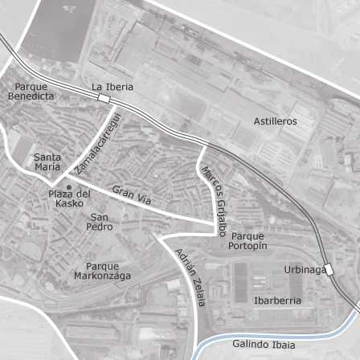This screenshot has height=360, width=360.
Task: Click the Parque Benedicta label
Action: [x=31, y=91]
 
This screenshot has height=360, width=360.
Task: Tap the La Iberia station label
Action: [x=112, y=86]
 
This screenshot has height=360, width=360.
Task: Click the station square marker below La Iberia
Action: [x=104, y=98]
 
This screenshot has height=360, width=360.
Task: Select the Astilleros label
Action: [x=276, y=121]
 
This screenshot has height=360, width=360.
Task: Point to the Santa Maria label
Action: [x=47, y=162]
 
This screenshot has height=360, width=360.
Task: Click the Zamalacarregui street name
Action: [x=96, y=145]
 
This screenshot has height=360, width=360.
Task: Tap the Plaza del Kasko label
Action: [x=69, y=199]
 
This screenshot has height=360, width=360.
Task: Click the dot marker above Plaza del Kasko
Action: [x=69, y=187]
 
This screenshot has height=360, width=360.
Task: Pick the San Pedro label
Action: [x=100, y=222]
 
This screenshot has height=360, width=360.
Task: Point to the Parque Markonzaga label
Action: [x=103, y=271]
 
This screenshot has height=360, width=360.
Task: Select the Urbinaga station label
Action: [x=305, y=269]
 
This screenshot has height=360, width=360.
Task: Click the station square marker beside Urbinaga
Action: [x=328, y=269]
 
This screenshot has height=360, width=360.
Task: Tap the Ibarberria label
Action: [x=277, y=300]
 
